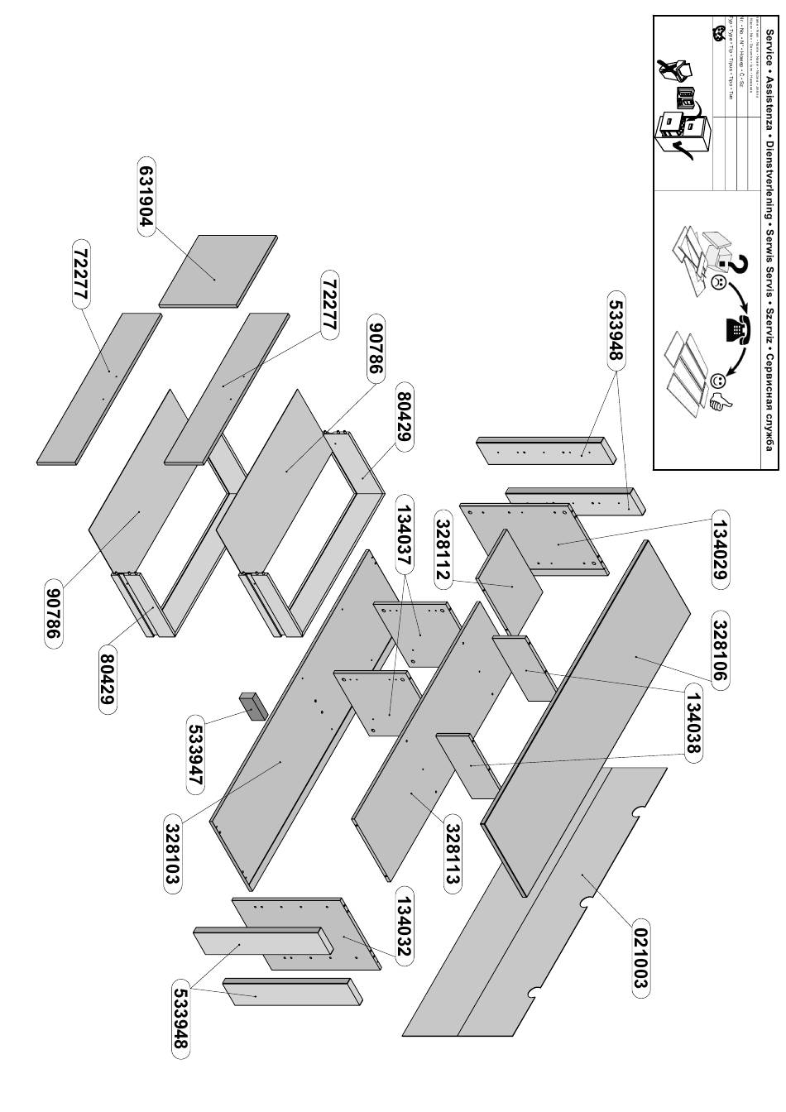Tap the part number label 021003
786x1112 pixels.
[x=639, y=958]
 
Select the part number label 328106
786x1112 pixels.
[x=719, y=652]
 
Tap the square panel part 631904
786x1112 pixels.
[x=218, y=270]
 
